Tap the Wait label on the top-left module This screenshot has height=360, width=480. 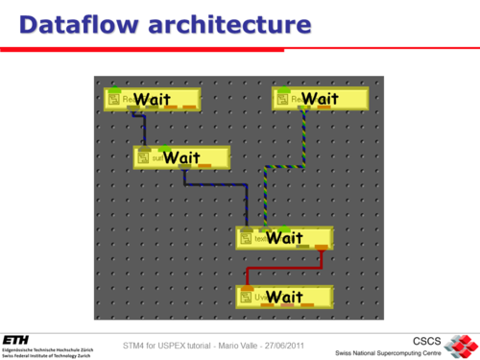pos(152,99)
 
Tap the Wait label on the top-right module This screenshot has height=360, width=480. pos(321,99)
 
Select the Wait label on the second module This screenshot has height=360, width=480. pos(181,157)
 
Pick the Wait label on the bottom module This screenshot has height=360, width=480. pos(284,297)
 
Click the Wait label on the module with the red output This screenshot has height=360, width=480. pos(284,238)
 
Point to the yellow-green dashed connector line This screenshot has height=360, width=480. pos(284,166)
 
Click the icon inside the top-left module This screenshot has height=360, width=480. pos(112,100)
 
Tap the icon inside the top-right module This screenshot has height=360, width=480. pos(281,100)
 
